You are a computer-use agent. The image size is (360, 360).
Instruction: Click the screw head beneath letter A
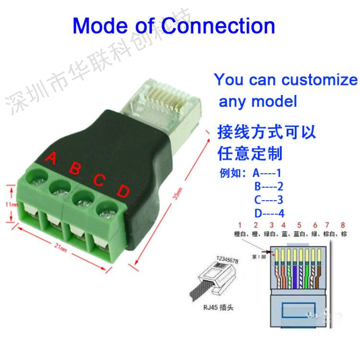click(36, 177)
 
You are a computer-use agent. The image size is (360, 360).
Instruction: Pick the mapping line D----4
click(269, 213)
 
